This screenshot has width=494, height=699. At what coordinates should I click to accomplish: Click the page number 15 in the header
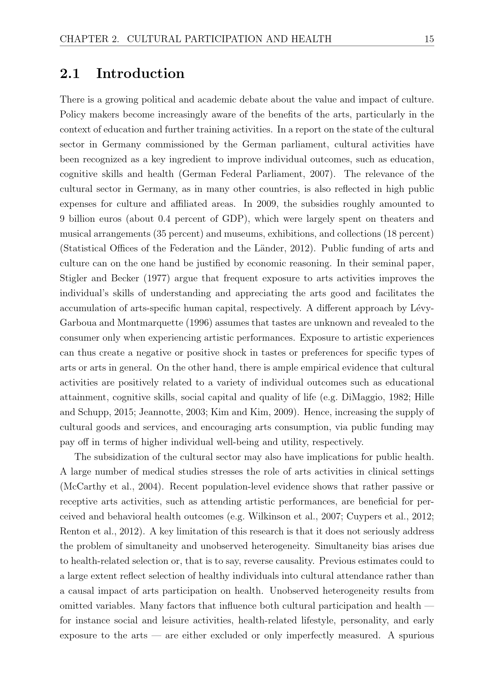pos(429,39)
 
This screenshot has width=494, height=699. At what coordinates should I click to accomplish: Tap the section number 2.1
pos(70,74)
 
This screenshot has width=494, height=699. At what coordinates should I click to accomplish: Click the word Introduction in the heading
pos(140,74)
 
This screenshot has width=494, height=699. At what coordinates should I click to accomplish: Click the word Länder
pos(270,249)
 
